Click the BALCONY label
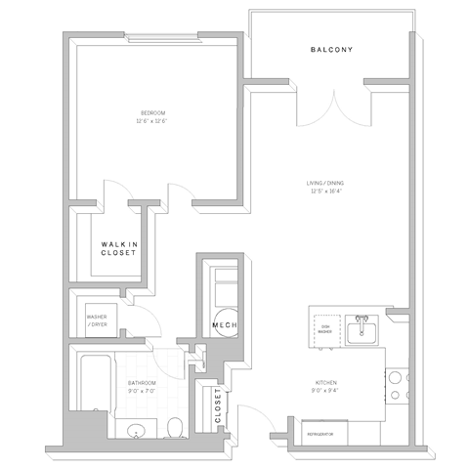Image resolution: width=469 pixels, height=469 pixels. [331, 50]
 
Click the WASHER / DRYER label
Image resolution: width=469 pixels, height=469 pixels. [97, 320]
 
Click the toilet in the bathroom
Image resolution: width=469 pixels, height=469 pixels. [173, 426]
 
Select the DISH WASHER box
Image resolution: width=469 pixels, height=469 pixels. [324, 329]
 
